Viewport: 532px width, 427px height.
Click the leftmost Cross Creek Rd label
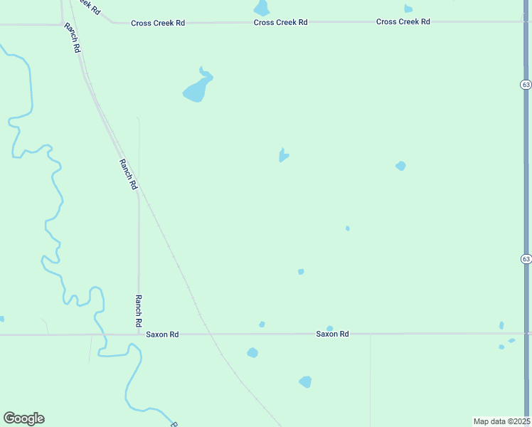[158, 23]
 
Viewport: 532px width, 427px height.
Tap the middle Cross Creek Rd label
[280, 22]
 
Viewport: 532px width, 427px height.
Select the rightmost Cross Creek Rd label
[403, 21]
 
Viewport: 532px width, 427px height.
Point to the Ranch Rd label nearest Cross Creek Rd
[72, 38]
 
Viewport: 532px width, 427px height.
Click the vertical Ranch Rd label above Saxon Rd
[139, 310]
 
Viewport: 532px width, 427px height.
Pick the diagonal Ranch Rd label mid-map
[127, 174]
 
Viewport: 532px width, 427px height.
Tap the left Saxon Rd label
[162, 334]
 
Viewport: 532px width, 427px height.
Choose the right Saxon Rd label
[332, 334]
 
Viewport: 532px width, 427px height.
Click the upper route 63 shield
[525, 84]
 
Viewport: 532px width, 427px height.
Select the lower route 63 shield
[525, 258]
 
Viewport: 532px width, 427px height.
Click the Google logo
[23, 418]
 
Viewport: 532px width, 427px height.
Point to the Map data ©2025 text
[501, 421]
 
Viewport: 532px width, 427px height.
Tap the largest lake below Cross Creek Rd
[197, 88]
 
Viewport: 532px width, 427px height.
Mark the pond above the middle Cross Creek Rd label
[262, 8]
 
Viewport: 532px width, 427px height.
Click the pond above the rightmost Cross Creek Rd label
[408, 9]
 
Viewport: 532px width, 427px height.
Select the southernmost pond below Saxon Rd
[305, 382]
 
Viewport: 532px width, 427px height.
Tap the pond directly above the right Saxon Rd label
[329, 328]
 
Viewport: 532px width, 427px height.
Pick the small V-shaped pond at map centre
[283, 154]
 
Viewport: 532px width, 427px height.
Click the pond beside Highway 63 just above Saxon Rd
[501, 325]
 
